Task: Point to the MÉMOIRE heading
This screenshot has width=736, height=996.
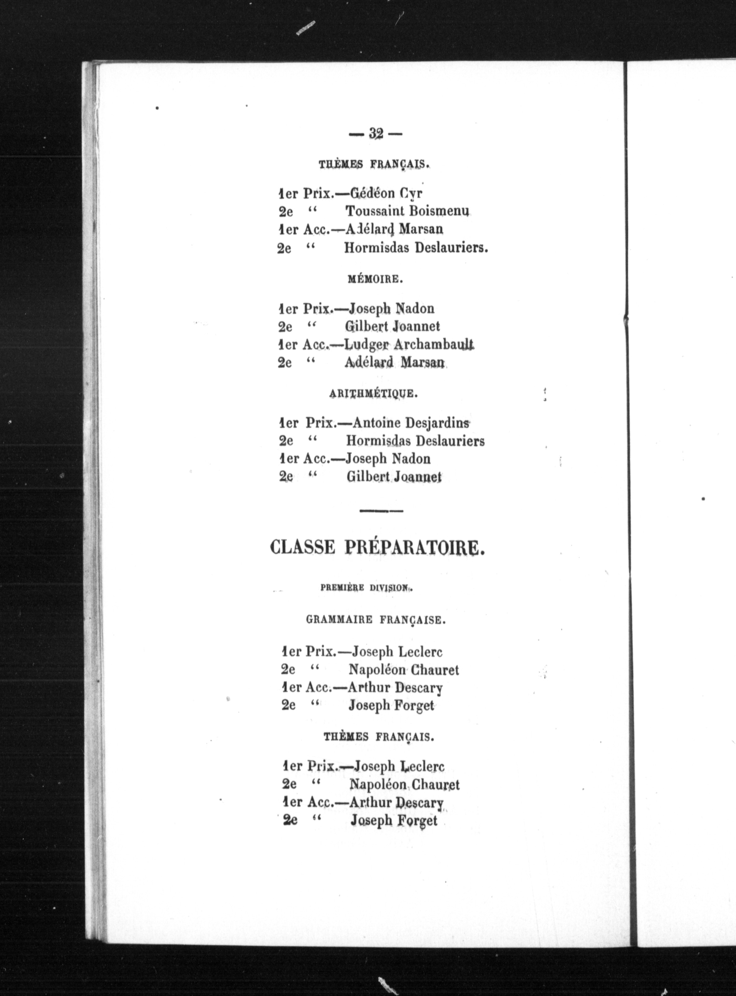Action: [375, 280]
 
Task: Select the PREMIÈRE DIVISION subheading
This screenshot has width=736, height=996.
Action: [366, 588]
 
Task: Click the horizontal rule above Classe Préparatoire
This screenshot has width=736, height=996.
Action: [381, 511]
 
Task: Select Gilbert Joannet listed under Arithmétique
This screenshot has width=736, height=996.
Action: [394, 477]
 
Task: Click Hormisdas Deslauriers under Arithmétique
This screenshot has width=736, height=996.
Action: [415, 441]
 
